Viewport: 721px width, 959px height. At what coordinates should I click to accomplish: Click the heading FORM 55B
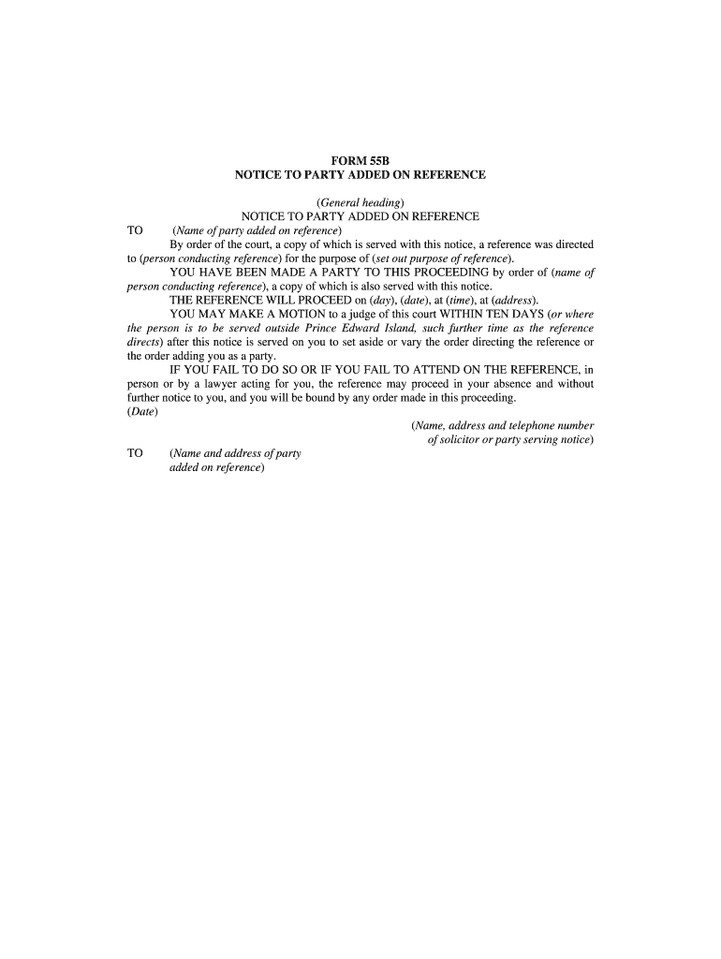point(360,161)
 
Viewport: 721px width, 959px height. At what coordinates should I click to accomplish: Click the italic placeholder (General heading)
point(360,202)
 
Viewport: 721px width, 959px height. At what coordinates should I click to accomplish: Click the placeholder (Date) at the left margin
point(142,412)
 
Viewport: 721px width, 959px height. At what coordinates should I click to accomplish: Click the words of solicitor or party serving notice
point(510,439)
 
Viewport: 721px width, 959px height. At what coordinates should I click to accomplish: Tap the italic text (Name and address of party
point(235,453)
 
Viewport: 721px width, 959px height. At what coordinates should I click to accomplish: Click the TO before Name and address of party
point(135,453)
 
